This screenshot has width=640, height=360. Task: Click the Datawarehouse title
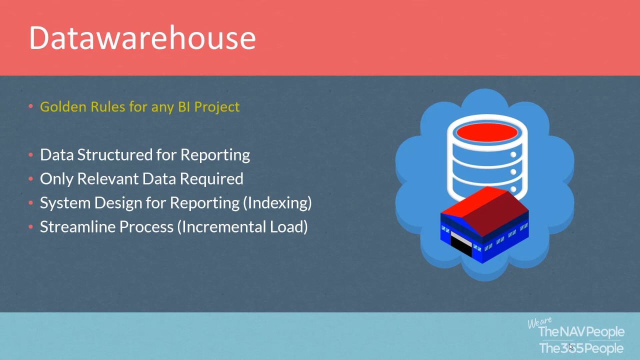coord(142,37)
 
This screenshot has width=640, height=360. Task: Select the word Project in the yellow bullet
coord(217,107)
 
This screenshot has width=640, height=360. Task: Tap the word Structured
coord(115,155)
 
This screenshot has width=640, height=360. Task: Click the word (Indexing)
coord(277,203)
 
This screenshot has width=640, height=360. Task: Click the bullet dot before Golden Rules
coord(31,106)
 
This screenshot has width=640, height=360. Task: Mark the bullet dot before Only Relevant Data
coord(31,179)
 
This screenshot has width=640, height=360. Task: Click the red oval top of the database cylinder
coord(487,132)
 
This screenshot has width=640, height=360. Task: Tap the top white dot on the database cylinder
coord(513,154)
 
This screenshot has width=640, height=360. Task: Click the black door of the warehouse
coord(461,246)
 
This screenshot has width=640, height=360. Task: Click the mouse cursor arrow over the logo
coord(570,347)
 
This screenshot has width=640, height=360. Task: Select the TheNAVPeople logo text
coord(581,332)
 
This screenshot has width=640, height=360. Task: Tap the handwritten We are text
coord(539,322)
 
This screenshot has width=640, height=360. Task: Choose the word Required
coord(211,179)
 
